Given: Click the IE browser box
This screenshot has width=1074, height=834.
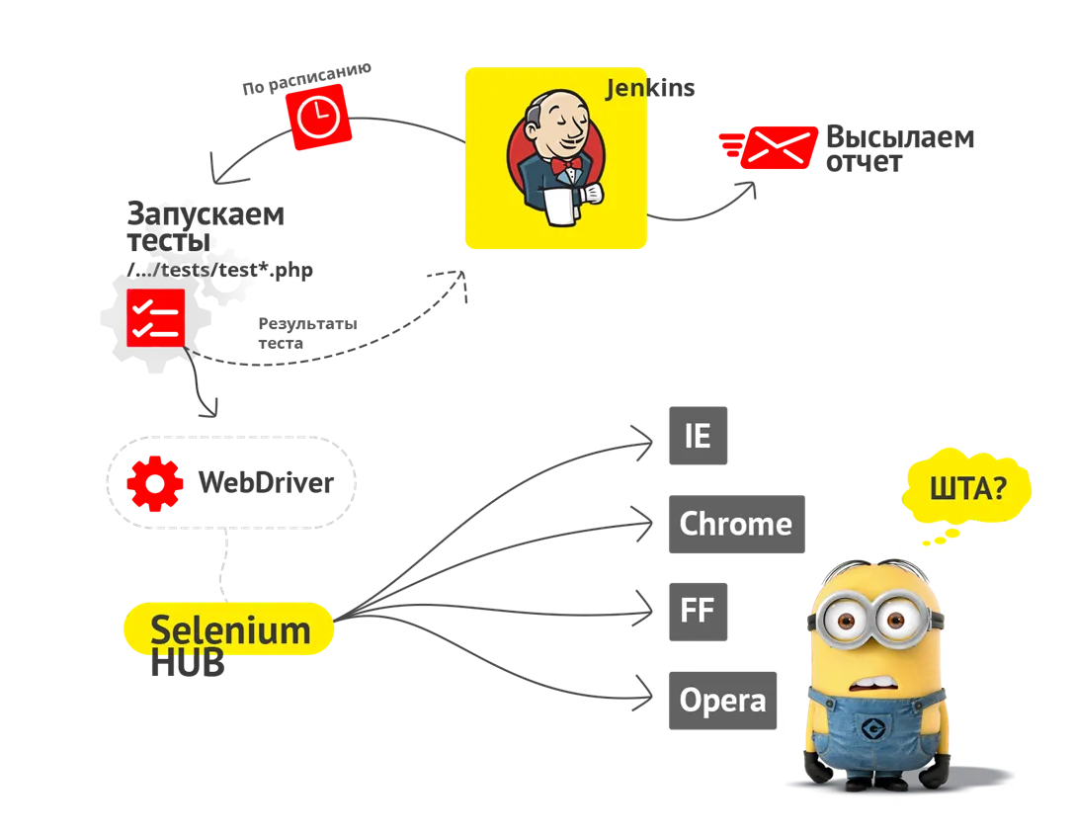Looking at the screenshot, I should click(x=698, y=435).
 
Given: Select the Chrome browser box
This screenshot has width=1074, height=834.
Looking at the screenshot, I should click(x=734, y=524).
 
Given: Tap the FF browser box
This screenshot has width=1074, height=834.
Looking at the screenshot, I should click(x=698, y=611).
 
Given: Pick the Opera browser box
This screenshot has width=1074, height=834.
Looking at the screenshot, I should click(x=721, y=700).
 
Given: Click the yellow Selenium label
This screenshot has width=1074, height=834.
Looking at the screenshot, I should click(x=229, y=629).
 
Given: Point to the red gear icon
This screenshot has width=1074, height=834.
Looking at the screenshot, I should click(x=155, y=483).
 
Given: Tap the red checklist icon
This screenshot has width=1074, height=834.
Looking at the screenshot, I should click(x=155, y=316).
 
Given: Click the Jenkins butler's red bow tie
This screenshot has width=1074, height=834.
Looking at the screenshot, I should click(x=566, y=166).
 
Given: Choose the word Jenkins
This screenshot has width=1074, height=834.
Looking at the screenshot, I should click(x=650, y=89).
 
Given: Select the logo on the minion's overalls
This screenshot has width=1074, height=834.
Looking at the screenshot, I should click(x=872, y=729).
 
